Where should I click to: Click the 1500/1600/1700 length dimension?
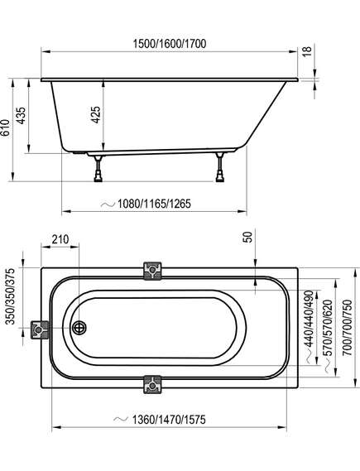coord(170,44)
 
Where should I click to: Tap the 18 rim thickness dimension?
coord(308,52)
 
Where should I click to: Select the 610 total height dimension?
coord(5,128)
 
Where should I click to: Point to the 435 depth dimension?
coord(21,115)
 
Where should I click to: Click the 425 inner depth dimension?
coord(95,114)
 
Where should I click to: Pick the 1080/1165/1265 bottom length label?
coord(154,204)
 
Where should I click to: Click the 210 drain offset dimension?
coord(60,239)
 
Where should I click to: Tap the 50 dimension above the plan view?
coord(247,238)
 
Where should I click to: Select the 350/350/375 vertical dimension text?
coord(10,296)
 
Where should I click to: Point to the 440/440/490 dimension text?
coord(309,319)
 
